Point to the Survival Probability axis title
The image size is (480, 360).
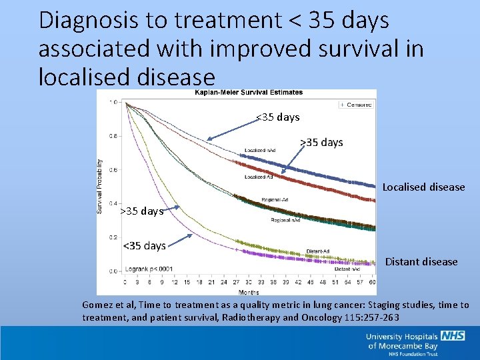(x=101, y=186)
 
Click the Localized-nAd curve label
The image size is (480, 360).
(x=261, y=150)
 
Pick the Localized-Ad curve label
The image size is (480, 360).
(x=259, y=177)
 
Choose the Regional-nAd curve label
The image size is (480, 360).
(x=285, y=220)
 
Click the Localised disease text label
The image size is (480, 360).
(x=423, y=187)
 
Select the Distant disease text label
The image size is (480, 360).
(x=421, y=262)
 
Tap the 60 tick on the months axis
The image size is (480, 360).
(x=372, y=283)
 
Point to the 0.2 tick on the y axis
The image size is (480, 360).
(x=112, y=237)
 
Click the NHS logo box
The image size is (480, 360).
(x=453, y=337)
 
